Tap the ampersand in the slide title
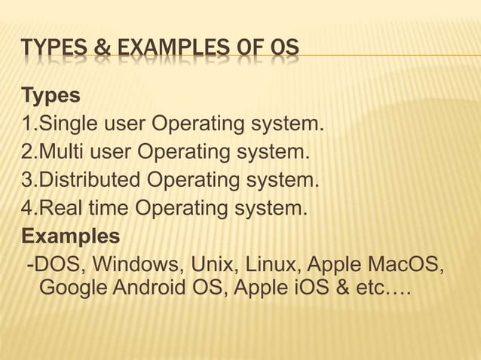click(x=102, y=50)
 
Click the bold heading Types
click(x=51, y=96)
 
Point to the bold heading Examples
click(x=71, y=237)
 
